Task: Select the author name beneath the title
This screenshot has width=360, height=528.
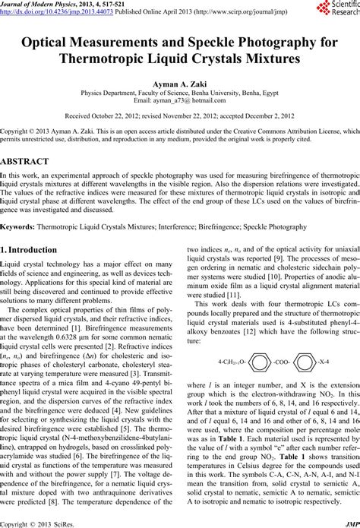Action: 180,91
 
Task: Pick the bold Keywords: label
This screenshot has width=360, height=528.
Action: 20,226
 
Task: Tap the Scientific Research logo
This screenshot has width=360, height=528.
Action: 337,9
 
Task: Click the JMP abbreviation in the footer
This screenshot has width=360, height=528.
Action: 351,522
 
